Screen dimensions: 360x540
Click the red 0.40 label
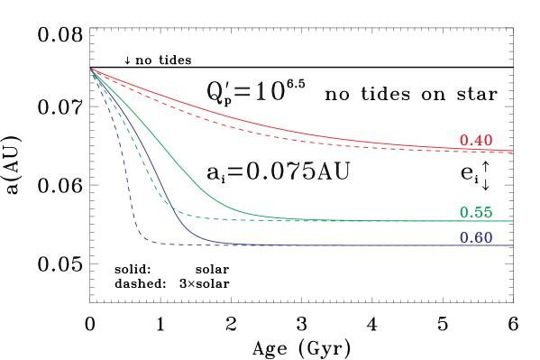475,141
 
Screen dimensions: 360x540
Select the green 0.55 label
475,213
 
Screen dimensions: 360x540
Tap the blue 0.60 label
475,238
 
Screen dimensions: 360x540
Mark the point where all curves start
91,69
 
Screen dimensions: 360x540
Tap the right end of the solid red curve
512,151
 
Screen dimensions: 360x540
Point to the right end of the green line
512,221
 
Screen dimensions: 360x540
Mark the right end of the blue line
512,245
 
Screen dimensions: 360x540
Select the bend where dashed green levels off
177,213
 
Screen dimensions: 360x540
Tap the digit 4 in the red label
475,141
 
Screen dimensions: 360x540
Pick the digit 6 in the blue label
475,238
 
